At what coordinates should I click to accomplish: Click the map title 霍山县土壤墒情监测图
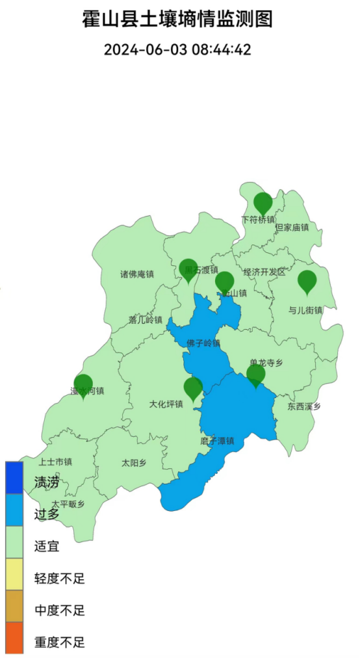click(177, 19)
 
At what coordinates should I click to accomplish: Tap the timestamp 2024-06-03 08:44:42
click(177, 49)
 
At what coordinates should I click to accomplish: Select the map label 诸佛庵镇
click(136, 274)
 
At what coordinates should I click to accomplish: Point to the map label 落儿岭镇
click(145, 319)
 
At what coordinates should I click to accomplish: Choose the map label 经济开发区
click(264, 272)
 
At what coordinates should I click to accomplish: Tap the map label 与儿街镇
click(305, 310)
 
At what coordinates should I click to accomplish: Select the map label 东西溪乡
click(304, 406)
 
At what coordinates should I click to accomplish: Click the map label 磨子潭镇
click(217, 441)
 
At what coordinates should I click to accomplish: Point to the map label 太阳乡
click(134, 464)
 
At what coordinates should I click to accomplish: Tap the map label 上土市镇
click(55, 462)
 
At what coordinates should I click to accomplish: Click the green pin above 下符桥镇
click(263, 202)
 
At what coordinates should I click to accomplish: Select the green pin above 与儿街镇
click(307, 281)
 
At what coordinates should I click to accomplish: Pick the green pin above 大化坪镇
click(193, 388)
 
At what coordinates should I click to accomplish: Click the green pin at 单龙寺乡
click(256, 374)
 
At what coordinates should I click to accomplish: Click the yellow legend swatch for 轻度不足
click(14, 577)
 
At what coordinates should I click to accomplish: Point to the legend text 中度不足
click(59, 611)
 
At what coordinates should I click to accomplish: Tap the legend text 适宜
click(47, 546)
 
